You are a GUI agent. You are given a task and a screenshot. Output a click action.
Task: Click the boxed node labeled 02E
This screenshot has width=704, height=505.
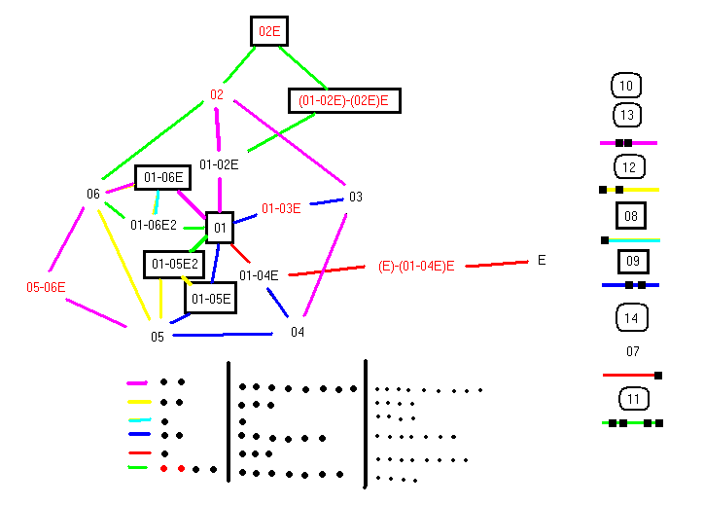tap(268, 32)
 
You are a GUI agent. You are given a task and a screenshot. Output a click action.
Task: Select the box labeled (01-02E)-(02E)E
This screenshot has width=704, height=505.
tap(344, 100)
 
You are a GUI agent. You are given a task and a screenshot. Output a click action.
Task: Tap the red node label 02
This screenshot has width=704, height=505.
tap(217, 95)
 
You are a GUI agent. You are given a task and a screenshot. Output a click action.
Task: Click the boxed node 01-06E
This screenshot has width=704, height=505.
tap(161, 177)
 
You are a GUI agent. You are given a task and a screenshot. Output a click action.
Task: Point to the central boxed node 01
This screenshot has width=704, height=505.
tap(220, 229)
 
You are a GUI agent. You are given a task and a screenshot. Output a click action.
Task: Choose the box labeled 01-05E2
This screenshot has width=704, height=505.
tap(173, 264)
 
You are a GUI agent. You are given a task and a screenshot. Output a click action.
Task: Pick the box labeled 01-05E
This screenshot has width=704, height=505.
tap(210, 298)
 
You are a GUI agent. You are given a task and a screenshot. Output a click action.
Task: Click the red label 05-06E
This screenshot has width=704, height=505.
tap(46, 287)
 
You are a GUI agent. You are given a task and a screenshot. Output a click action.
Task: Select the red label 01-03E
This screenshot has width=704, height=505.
tap(281, 208)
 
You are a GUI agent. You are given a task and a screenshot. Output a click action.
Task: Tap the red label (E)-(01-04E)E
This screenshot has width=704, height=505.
tap(416, 266)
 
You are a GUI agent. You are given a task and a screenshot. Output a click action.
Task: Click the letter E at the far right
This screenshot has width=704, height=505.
tap(542, 260)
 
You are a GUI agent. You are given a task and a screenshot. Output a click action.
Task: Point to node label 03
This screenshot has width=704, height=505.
tap(355, 198)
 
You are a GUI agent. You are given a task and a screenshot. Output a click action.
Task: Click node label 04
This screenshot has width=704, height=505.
tap(298, 332)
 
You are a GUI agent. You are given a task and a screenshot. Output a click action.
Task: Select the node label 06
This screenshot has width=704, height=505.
tap(93, 194)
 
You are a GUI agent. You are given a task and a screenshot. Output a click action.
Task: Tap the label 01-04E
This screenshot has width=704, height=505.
tap(259, 275)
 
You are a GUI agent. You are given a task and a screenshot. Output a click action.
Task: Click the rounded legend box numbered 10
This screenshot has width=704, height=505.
tap(626, 87)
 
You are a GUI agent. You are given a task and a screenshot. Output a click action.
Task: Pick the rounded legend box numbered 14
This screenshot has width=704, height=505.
tap(632, 317)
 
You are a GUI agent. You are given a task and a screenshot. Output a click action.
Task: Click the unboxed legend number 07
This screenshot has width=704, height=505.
tap(633, 351)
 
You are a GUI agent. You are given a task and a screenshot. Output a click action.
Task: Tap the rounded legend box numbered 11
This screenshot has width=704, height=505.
tap(633, 399)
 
